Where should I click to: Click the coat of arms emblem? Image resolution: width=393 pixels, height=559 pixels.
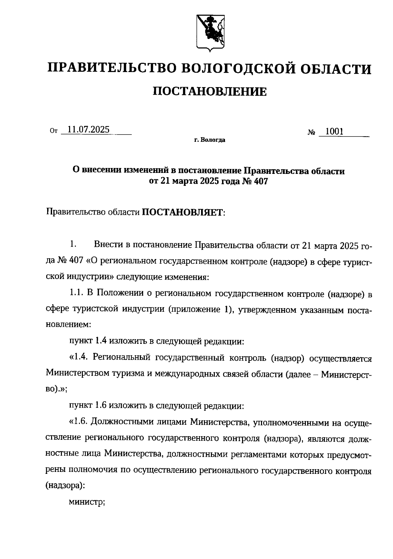click(210, 33)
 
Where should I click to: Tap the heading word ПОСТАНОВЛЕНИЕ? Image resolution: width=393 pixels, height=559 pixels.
click(210, 92)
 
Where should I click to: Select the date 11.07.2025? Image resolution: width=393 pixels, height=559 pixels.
click(86, 130)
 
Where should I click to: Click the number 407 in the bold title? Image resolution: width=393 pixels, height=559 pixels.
click(261, 181)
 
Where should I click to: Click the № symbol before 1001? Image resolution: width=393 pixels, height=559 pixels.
click(311, 133)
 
